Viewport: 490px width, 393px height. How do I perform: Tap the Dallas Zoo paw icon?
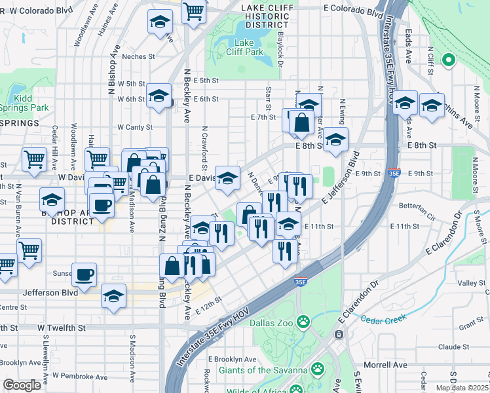303,322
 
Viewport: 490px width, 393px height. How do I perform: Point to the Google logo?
22,385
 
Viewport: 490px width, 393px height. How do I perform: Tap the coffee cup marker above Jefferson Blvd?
83,275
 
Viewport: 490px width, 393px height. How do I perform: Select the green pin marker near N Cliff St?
449,61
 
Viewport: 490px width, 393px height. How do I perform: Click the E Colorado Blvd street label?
353,12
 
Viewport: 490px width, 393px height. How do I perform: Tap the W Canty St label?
135,127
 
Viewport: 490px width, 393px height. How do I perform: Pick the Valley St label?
470,283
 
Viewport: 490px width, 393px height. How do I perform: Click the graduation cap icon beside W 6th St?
158,96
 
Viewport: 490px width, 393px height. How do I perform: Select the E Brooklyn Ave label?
233,360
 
